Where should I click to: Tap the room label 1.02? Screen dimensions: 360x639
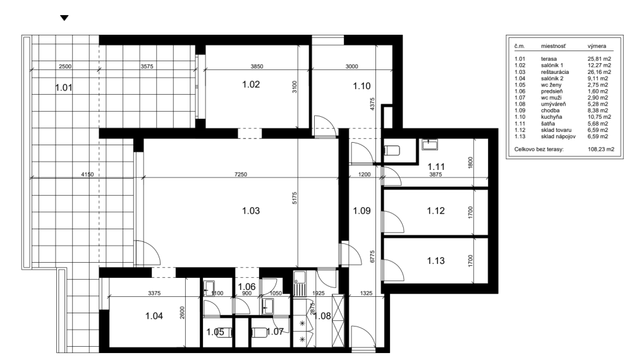(x=252, y=84)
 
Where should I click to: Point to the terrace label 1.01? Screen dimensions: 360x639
(x=64, y=88)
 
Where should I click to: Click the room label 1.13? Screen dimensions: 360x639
(x=437, y=260)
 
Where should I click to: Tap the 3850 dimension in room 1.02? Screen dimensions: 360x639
(x=252, y=66)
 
